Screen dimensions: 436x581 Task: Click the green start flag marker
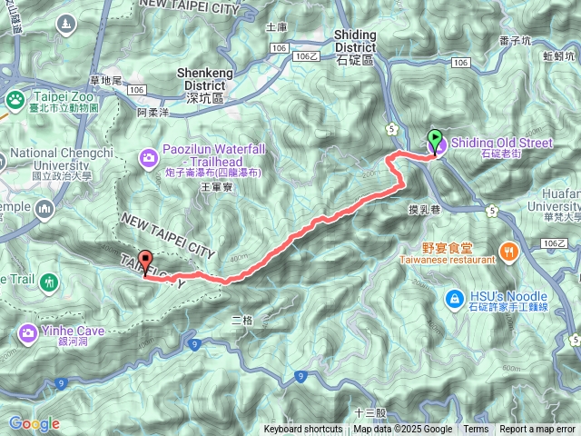(x=436, y=141)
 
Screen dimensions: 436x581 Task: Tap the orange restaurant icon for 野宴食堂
(x=509, y=250)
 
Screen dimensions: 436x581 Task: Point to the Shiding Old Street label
(x=513, y=143)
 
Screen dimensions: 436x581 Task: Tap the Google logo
(x=34, y=423)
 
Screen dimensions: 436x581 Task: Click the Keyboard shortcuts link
(x=303, y=430)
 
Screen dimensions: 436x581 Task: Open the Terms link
(x=476, y=430)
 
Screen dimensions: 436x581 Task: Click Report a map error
(x=538, y=430)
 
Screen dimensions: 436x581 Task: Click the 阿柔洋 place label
(x=153, y=114)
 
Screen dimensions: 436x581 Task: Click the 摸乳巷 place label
(x=424, y=208)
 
